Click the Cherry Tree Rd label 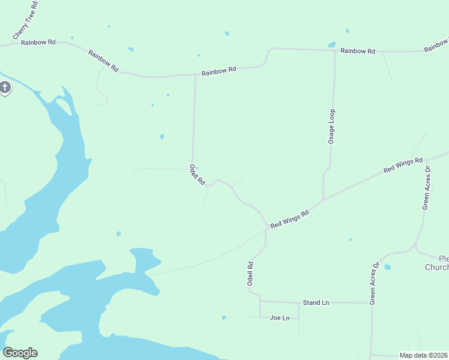pos(25,20)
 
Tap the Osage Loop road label pos(331,126)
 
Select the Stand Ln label pos(316,302)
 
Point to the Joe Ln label pos(280,317)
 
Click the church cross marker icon pos(5,89)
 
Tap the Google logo pos(20,353)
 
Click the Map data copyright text pos(423,355)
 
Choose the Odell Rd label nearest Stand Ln pos(251,272)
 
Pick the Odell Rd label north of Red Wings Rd pos(197,174)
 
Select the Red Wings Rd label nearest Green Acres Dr pos(403,166)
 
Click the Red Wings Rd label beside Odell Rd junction pos(289,219)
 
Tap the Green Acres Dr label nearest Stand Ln pos(374,283)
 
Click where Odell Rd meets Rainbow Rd pos(195,76)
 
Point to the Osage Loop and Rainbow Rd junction pos(334,50)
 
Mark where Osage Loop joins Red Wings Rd pos(324,200)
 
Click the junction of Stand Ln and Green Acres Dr pos(370,303)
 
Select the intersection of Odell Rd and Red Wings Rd pos(266,228)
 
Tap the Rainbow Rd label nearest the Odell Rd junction pos(218,71)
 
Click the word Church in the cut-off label pos(436,267)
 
